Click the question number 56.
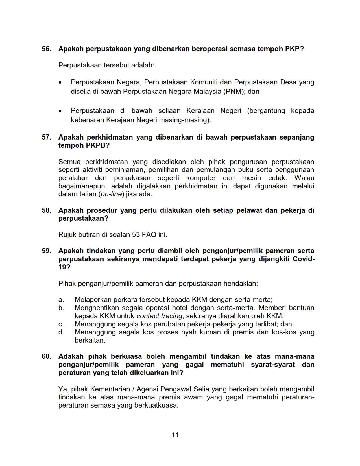46,49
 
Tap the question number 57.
46,137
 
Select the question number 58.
46,210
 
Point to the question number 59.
46,251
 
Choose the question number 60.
46,356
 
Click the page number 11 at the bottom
175,435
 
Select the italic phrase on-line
111,194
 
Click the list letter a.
61,300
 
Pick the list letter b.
61,308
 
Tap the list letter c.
61,324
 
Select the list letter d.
61,332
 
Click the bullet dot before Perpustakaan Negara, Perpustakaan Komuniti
60,82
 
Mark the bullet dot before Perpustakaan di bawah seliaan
60,111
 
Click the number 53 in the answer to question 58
136,235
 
